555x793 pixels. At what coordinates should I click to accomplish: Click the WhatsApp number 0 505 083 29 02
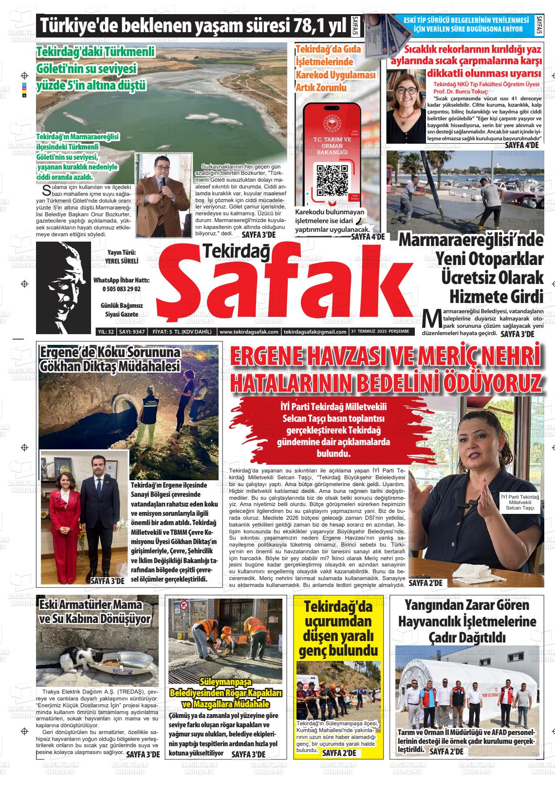[x=121, y=289]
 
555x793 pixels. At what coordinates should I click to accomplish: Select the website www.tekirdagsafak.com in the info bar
[x=249, y=332]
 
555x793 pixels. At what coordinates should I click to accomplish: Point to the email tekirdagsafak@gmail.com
[x=315, y=332]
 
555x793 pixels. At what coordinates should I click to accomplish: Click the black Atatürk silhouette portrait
[x=63, y=287]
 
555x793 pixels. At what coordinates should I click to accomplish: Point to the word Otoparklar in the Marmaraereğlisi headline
[x=489, y=258]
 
